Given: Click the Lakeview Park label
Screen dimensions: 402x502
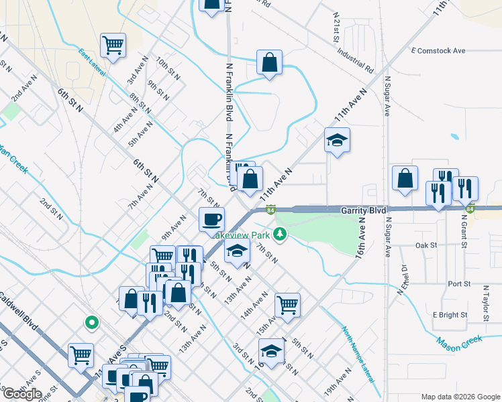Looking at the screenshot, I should pos(242,235).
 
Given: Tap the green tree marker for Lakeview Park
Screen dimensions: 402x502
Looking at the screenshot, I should pos(284,234).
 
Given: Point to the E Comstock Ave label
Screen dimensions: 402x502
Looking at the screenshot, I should pos(438,51).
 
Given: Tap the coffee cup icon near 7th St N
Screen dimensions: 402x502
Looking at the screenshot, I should pos(212,219).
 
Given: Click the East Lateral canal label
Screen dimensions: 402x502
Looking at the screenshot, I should pos(92,63).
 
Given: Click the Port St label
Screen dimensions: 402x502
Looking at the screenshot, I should pos(459,283).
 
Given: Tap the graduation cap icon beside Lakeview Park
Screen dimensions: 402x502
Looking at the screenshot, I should pos(236,251).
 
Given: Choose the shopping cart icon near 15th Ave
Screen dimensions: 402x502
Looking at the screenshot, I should pos(287,305).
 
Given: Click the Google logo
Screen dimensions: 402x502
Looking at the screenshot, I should pos(22,394).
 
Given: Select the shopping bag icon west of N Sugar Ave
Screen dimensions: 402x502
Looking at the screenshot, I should pos(405,179).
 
